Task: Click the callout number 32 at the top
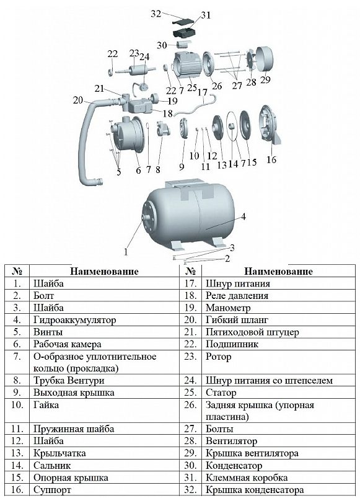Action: pos(156,14)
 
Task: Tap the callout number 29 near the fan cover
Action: pos(265,79)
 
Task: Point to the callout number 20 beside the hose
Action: pos(77,100)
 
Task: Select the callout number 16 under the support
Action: pos(271,159)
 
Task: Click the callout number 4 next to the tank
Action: pos(244,216)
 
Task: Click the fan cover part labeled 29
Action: pos(264,60)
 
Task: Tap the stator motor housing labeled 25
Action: pos(187,64)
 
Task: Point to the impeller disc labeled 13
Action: pos(218,127)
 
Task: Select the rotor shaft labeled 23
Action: pos(136,69)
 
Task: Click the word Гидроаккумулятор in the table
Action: pos(74,320)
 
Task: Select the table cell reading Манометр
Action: pos(228,308)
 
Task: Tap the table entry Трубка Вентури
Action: pos(69,380)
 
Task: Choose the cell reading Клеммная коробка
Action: pos(247,478)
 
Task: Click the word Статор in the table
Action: pos(221,393)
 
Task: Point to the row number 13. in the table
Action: pos(17,453)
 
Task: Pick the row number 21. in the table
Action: pos(191,332)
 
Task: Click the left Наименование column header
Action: pos(104,272)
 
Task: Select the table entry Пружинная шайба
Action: pos(74,429)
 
